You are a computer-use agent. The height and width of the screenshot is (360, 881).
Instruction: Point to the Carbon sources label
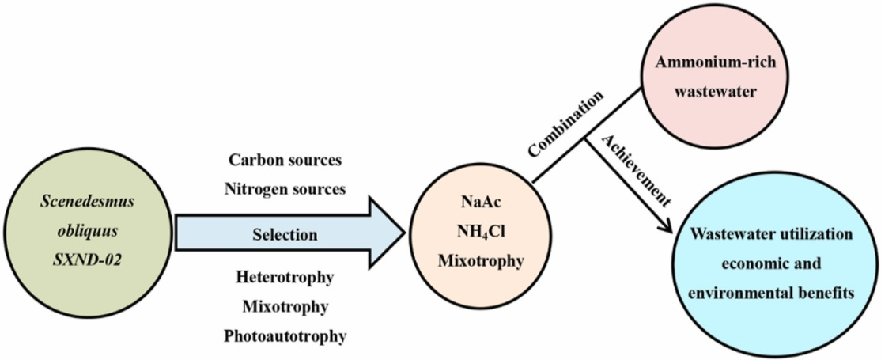pos(285,160)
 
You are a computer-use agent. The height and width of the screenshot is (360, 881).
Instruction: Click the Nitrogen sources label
pos(285,188)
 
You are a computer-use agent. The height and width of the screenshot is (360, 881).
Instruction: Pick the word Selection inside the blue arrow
pos(285,235)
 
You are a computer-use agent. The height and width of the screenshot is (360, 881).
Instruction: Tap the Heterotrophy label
pos(285,278)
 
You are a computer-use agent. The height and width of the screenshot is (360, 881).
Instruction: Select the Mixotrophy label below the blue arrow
pos(285,306)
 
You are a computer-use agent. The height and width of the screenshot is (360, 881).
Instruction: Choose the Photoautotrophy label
pos(285,335)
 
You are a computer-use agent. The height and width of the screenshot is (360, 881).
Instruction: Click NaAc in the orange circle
pos(478,201)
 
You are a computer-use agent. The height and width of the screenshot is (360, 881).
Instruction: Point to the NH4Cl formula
pos(478,230)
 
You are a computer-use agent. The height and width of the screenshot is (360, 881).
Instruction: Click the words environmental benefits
pos(771,293)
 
